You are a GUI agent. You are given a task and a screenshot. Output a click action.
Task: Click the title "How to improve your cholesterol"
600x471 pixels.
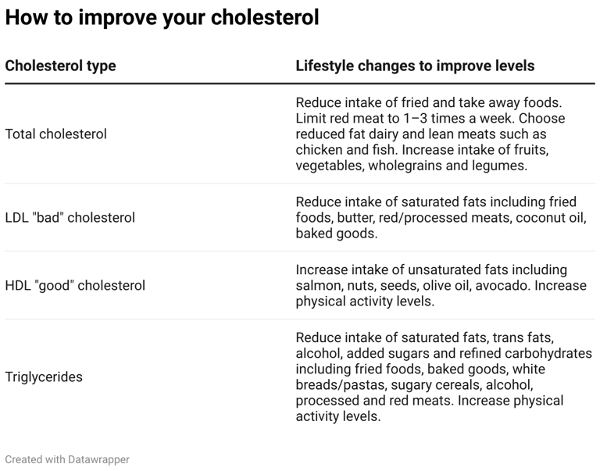tap(162, 17)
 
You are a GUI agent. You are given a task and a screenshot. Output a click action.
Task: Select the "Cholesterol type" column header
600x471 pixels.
tap(60, 66)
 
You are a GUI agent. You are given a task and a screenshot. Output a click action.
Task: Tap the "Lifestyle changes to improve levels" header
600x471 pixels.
tap(415, 66)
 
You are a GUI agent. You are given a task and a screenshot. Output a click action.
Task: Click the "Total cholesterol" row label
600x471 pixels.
tap(55, 134)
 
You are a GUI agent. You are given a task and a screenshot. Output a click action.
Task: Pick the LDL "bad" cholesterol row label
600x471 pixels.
tap(70, 218)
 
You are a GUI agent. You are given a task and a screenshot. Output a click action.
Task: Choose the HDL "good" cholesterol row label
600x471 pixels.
tap(75, 286)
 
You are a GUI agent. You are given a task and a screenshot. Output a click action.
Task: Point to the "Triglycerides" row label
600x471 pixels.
tap(44, 377)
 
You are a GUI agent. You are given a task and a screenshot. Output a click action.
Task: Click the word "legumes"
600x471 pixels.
tap(502, 166)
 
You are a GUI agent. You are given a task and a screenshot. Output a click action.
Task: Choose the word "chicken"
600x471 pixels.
tap(320, 150)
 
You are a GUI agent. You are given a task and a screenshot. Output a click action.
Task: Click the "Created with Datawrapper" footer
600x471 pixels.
tap(67, 459)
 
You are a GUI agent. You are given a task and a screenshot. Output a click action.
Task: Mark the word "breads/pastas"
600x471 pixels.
tap(337, 385)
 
